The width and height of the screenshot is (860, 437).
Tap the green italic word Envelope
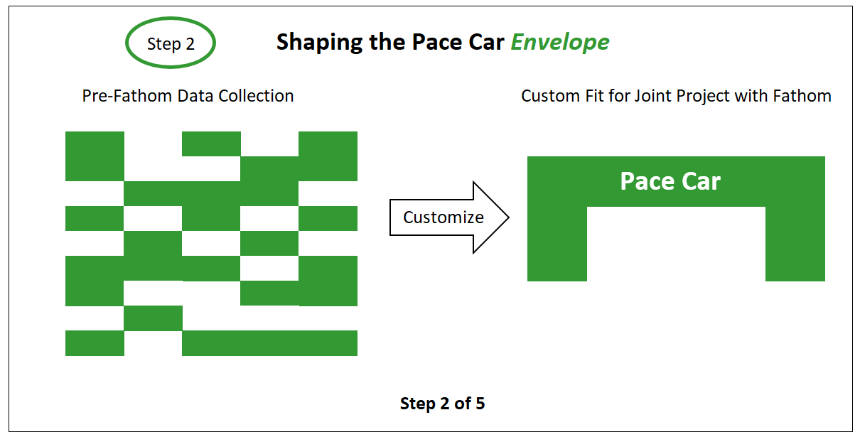(560, 42)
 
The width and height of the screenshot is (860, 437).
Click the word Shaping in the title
(319, 42)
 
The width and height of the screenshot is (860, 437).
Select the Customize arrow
(449, 217)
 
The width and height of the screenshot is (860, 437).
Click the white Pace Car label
(670, 181)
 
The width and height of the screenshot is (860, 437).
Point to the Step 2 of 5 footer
(442, 403)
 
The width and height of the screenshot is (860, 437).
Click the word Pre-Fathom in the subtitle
(127, 96)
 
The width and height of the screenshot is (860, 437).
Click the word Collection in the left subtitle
(256, 96)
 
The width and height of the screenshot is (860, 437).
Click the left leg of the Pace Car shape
(557, 244)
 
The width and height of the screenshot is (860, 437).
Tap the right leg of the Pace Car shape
(795, 244)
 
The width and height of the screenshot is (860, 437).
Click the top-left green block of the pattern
(95, 156)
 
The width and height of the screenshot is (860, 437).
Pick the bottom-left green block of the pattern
(95, 343)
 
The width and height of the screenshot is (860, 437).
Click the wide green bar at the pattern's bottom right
(269, 343)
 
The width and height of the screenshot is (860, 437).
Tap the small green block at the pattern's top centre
(211, 144)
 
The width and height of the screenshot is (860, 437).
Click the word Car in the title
(486, 42)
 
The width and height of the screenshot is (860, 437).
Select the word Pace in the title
(437, 42)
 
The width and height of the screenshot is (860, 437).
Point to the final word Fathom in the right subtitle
(802, 96)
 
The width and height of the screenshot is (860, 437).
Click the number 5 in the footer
(480, 403)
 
